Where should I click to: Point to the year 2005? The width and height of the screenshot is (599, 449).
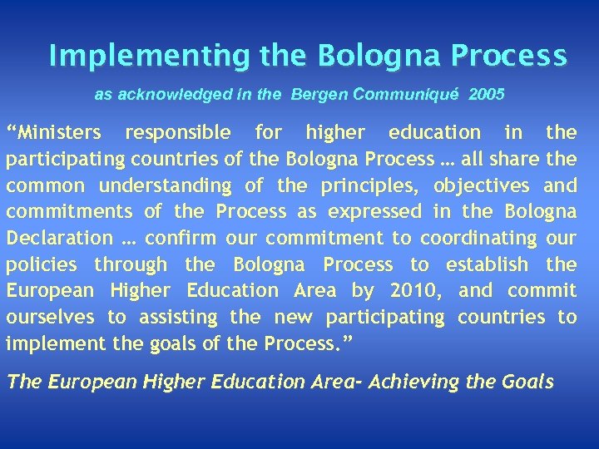pos(486,95)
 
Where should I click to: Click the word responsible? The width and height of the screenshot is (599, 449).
pos(177,132)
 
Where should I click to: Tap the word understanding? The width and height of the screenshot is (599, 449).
pos(164,185)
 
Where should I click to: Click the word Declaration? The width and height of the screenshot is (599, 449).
pos(59,238)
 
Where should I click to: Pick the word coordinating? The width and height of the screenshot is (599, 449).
pos(478,238)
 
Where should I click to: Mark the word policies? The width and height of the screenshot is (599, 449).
pos(42,264)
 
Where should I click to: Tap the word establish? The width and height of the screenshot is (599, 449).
pos(487,264)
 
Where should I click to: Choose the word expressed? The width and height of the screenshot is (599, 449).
pos(369,212)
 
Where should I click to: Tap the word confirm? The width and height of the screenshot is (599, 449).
pos(179,238)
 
